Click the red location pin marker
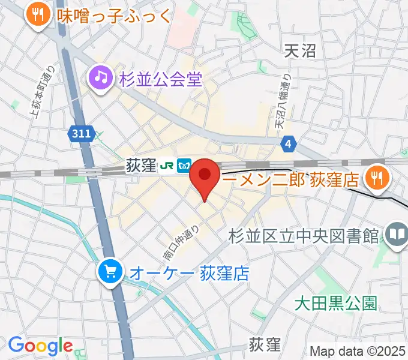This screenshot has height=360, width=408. tap(205, 176)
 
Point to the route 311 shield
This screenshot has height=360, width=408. tap(79, 134)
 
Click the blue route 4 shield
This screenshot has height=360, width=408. tap(289, 143)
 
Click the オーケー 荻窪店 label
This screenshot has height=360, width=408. tap(188, 274)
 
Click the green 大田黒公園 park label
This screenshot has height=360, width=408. tap(335, 303)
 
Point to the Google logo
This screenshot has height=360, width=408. tap(40, 346)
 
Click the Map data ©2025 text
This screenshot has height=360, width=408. tap(357, 351)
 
